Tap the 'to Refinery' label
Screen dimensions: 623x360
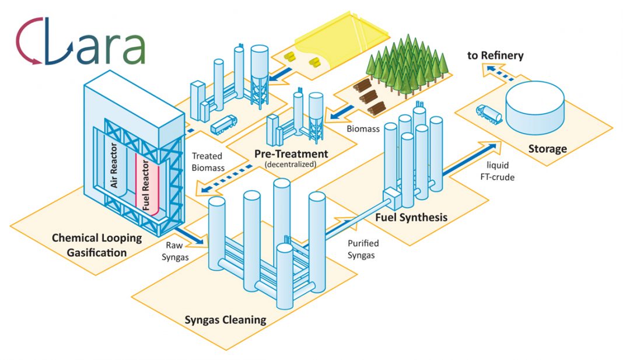tap(495, 55)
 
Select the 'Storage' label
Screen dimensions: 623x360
tap(547, 149)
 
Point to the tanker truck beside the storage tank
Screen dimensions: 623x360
tap(489, 114)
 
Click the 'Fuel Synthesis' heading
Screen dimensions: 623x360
tap(411, 218)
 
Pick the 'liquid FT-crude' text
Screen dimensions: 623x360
tap(497, 172)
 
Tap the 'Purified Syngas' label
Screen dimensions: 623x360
tap(363, 249)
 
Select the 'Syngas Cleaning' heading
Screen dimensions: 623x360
tap(225, 320)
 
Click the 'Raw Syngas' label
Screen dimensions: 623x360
tap(175, 251)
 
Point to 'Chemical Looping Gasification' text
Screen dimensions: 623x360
tap(97, 245)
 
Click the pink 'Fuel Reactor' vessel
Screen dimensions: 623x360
tap(146, 186)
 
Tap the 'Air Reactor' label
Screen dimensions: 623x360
tap(114, 165)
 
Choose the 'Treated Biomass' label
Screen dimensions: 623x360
tap(208, 162)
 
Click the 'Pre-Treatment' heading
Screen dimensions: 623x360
tap(291, 154)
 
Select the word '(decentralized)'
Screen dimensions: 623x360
tap(290, 164)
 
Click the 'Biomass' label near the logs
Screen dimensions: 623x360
tap(363, 129)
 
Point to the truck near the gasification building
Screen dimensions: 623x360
tap(223, 124)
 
